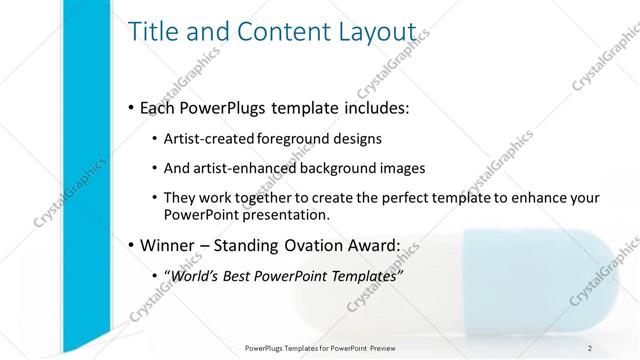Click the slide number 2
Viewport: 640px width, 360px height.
(590, 347)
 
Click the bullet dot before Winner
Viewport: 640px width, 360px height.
(132, 245)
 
